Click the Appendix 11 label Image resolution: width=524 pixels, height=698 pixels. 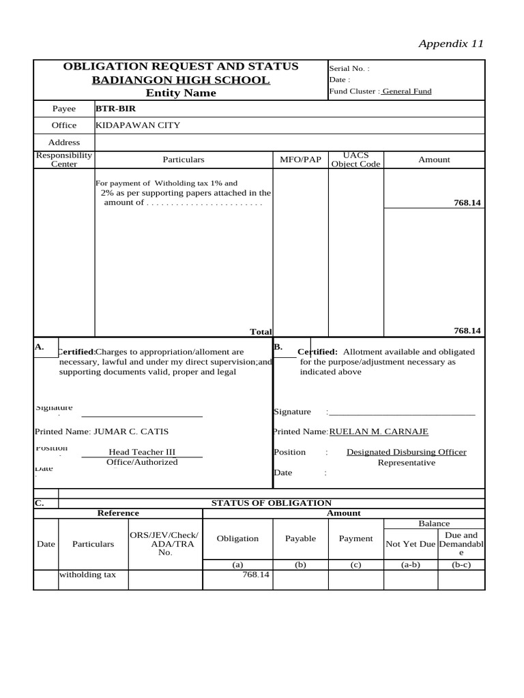[x=451, y=44]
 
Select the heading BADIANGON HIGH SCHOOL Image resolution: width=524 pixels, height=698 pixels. [x=181, y=80]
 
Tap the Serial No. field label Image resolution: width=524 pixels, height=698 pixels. [x=349, y=69]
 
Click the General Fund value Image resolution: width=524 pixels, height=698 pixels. [x=407, y=91]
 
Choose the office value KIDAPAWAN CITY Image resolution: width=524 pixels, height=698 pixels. [x=138, y=125]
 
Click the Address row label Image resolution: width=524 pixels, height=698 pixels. [x=64, y=142]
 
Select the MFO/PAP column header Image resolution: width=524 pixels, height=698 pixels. [x=300, y=160]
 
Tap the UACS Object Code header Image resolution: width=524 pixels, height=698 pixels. [x=355, y=160]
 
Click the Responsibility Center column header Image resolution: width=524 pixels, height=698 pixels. [x=64, y=160]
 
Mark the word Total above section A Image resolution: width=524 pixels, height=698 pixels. [x=261, y=331]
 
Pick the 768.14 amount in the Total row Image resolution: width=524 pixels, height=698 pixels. [x=467, y=331]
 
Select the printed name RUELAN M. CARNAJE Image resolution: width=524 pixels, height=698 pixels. [x=379, y=431]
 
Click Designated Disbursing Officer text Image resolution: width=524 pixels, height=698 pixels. [x=406, y=452]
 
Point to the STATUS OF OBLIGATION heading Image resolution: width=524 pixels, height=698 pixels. [x=271, y=503]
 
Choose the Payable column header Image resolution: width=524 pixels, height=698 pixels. [x=300, y=538]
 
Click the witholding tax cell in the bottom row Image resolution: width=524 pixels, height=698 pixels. [x=88, y=575]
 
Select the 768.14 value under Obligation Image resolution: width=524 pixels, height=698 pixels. [x=257, y=575]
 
